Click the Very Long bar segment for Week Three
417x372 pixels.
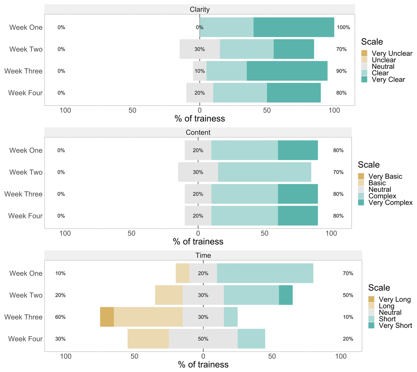click(x=107, y=317)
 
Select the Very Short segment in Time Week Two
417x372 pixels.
click(x=286, y=295)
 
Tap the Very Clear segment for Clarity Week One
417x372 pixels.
click(x=294, y=27)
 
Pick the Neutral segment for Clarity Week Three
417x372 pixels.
click(x=196, y=71)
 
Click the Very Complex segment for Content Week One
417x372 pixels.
click(x=298, y=150)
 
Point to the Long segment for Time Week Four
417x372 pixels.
click(x=148, y=339)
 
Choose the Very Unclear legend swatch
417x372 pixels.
click(x=364, y=53)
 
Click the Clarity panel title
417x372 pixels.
click(x=199, y=9)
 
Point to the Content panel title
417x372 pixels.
click(x=198, y=132)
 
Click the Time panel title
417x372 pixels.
click(x=203, y=255)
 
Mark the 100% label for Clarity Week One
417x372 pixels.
click(x=343, y=27)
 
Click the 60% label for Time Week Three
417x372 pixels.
click(x=60, y=317)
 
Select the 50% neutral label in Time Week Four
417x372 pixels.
click(x=203, y=339)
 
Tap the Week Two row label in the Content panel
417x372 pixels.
click(x=26, y=172)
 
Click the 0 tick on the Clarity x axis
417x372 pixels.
click(x=199, y=110)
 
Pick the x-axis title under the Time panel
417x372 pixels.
click(x=203, y=364)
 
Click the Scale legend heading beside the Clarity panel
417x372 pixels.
click(x=372, y=42)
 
